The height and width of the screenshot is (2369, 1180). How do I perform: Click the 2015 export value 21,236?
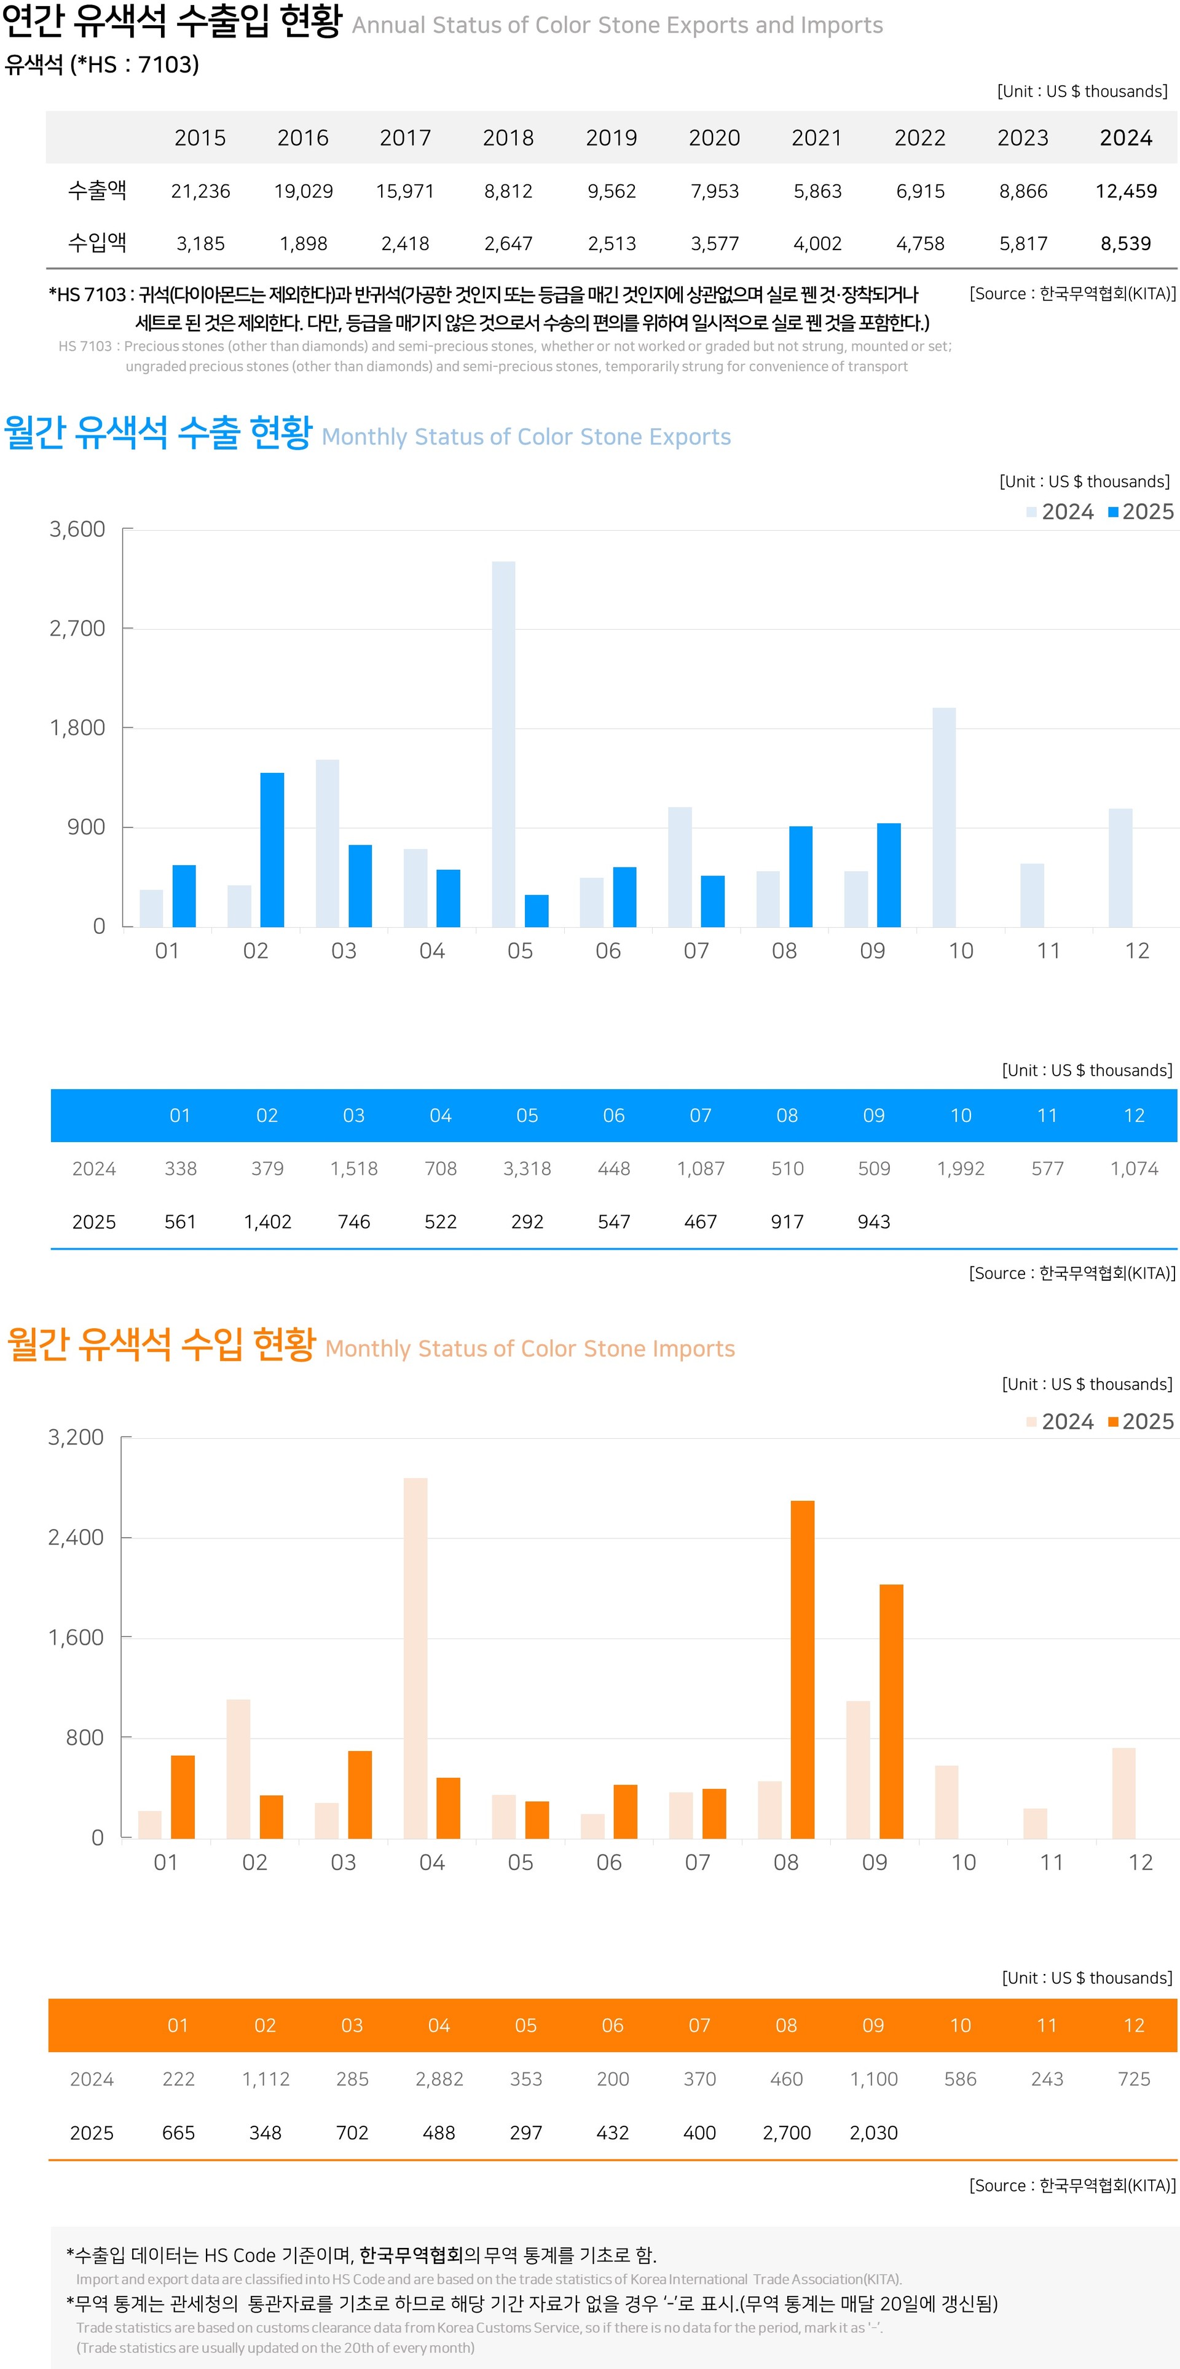click(x=200, y=191)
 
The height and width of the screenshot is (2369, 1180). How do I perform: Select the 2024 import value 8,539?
click(x=1126, y=244)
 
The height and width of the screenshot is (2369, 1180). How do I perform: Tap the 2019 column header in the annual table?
click(x=612, y=138)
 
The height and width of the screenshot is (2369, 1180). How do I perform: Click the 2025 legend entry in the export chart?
click(x=1141, y=512)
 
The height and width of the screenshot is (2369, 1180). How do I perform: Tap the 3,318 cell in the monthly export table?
click(x=527, y=1169)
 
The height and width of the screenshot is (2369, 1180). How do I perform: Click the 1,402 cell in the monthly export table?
click(x=267, y=1222)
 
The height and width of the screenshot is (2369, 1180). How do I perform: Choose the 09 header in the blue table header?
click(x=874, y=1116)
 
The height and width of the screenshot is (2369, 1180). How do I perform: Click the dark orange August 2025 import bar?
click(x=802, y=1669)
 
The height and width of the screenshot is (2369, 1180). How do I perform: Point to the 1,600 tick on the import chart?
click(x=76, y=1637)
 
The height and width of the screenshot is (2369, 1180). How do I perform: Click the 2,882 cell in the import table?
click(x=439, y=2079)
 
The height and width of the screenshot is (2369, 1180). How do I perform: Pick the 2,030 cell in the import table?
click(x=874, y=2132)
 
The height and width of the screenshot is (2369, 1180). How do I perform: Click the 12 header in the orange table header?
click(x=1134, y=2025)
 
